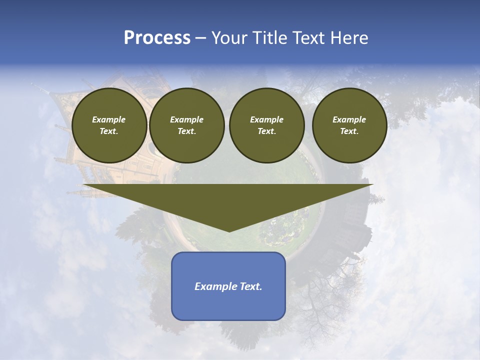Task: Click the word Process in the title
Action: [x=157, y=38]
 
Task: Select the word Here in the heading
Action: [x=348, y=38]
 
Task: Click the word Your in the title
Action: [x=228, y=38]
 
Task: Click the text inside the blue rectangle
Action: [x=228, y=286]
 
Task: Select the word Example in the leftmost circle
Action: [x=109, y=119]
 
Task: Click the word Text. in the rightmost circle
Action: [x=349, y=131]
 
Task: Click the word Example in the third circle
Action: [x=266, y=119]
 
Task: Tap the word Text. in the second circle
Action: [x=186, y=131]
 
